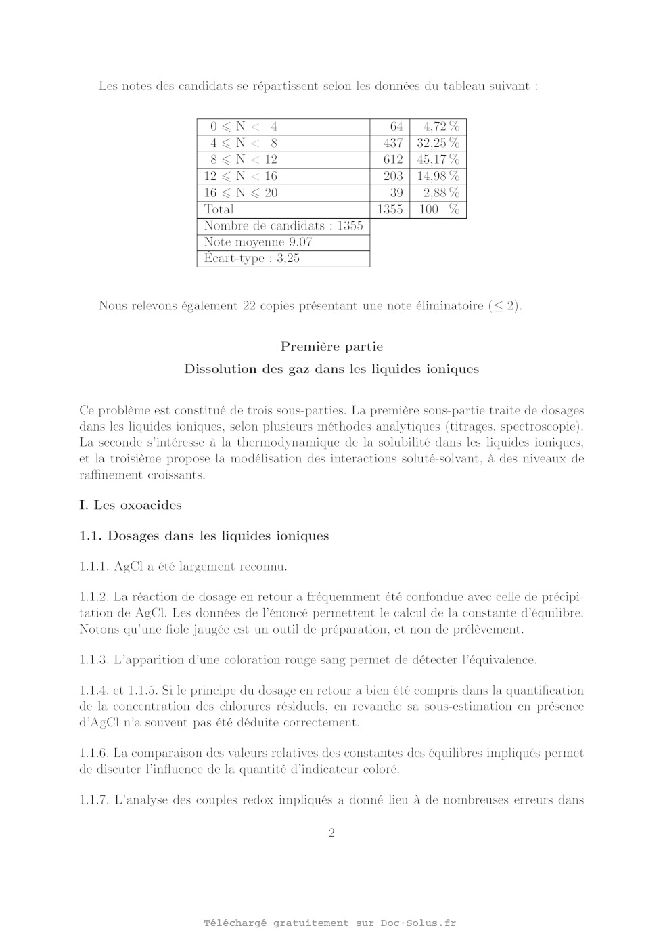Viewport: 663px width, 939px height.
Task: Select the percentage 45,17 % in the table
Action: [x=438, y=160]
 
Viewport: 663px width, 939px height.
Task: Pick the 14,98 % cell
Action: [x=438, y=176]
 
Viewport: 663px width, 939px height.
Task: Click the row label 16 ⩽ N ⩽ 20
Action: [x=241, y=193]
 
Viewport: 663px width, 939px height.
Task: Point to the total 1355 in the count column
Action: [x=390, y=209]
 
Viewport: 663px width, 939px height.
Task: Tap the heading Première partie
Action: [x=331, y=347]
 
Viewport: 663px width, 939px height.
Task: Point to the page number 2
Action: [x=331, y=833]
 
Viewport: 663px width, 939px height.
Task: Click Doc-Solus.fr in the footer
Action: [x=418, y=923]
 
